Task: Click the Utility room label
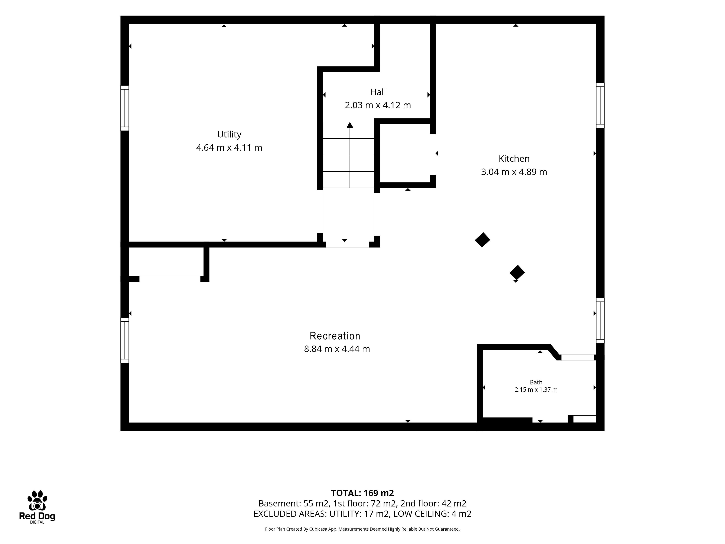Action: click(x=229, y=134)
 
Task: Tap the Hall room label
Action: click(x=378, y=92)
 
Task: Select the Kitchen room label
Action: click(x=514, y=159)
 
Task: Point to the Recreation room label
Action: click(x=335, y=336)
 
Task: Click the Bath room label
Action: click(x=536, y=382)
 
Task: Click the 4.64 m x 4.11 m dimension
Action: click(x=229, y=148)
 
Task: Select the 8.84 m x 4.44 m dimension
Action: click(x=337, y=349)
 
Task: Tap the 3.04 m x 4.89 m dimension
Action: click(x=514, y=172)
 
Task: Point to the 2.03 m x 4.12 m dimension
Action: click(x=378, y=105)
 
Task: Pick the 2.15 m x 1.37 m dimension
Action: click(x=536, y=389)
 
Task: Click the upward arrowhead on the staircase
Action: click(x=350, y=125)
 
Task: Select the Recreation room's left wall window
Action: click(x=125, y=340)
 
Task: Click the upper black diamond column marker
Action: click(x=482, y=240)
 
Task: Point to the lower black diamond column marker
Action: click(x=517, y=273)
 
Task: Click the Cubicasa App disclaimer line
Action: click(x=362, y=529)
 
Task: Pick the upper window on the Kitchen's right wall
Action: click(x=600, y=105)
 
